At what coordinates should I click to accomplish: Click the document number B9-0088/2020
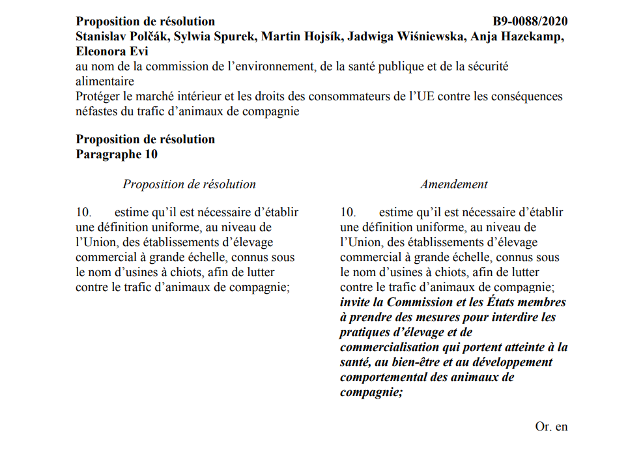pos(530,21)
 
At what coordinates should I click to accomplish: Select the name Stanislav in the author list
pos(101,36)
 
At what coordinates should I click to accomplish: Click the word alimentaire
pos(105,81)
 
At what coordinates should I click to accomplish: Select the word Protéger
pos(98,96)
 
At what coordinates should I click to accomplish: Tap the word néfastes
pos(98,111)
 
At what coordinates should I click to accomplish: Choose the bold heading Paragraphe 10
pos(117,154)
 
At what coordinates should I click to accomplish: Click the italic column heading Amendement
pos(453,184)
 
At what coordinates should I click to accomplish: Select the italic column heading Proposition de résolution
pos(189,184)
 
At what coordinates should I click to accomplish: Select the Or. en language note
pos(551,427)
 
